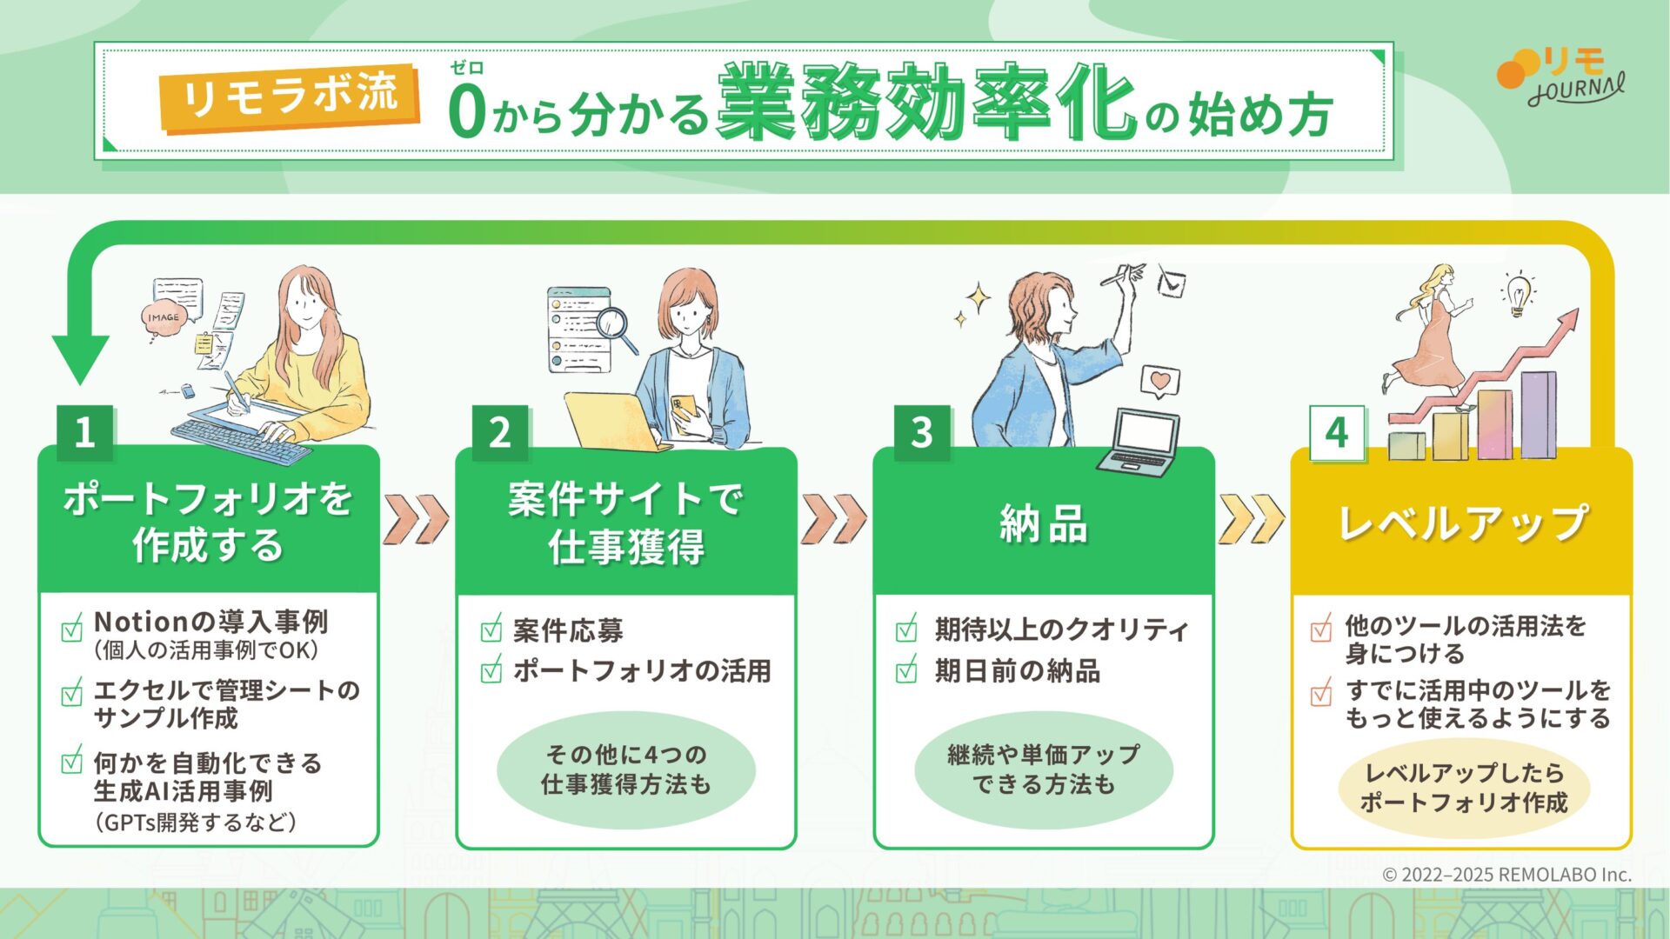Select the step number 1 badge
tap(84, 432)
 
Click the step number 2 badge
tap(500, 432)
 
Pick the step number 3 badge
tap(922, 432)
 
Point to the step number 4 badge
tap(1337, 433)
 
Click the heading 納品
tap(1044, 524)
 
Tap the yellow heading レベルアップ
tap(1463, 523)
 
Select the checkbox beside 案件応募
tap(491, 628)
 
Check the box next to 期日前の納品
tap(907, 669)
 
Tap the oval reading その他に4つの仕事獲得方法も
tap(626, 769)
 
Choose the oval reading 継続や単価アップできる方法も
tap(1044, 769)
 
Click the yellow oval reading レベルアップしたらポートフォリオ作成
tap(1465, 788)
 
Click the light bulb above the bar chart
tap(1519, 293)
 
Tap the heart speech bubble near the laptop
tap(1159, 381)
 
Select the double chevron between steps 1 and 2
tap(416, 519)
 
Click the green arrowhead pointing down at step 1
tap(80, 359)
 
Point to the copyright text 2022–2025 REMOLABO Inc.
tap(1507, 875)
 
